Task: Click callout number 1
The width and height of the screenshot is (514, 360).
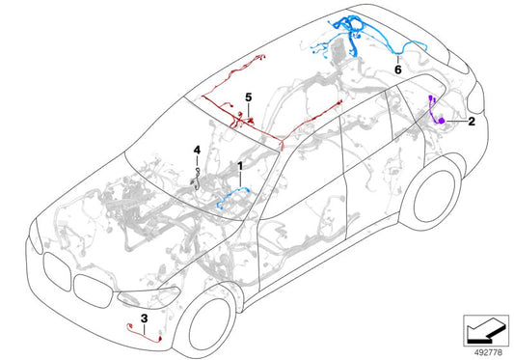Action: point(239,167)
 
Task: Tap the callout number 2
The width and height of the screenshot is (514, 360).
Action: point(471,122)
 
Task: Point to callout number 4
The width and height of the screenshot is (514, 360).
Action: point(197,150)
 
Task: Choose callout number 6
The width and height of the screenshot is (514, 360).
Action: point(398,69)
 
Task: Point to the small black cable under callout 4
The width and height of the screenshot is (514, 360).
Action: point(199,179)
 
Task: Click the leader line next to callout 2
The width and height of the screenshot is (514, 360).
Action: point(455,121)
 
